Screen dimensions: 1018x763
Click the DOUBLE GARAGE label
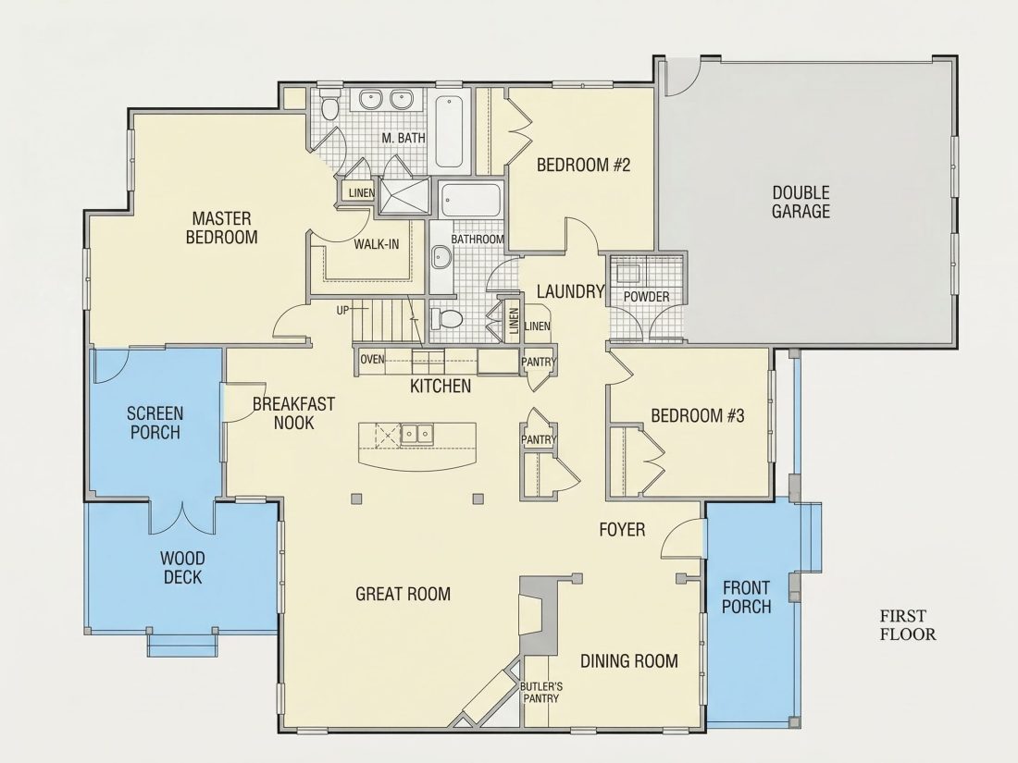801,202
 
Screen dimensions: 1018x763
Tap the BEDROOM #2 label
583,165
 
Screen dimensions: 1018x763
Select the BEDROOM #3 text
697,415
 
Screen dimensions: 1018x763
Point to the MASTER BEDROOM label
221,228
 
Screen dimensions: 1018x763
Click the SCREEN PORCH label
155,423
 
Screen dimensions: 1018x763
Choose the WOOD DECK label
182,568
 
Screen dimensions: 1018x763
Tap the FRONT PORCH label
747,597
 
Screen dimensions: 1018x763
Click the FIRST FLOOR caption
908,625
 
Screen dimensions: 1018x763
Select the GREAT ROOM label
403,594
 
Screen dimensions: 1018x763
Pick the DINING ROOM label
629,661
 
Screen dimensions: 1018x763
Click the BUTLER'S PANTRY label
540,693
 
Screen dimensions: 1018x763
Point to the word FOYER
622,530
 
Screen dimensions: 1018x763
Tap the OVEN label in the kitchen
372,359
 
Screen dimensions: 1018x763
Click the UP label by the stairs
342,311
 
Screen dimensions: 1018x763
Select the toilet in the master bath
329,107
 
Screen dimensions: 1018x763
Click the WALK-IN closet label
377,244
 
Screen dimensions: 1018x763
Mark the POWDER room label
646,297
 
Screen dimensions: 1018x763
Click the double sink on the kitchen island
416,433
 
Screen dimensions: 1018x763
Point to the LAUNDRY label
571,292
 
